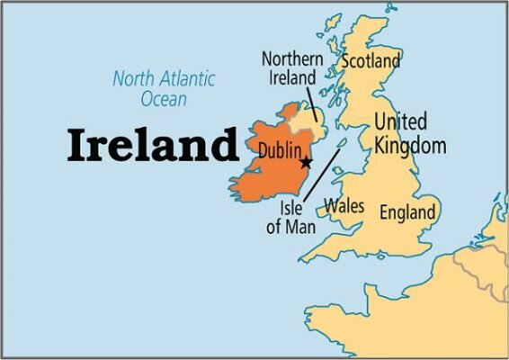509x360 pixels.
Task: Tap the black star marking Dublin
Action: pyautogui.click(x=306, y=162)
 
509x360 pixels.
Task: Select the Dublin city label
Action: pyautogui.click(x=279, y=150)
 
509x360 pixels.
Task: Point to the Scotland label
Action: pyautogui.click(x=370, y=62)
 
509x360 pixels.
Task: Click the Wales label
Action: pyautogui.click(x=344, y=205)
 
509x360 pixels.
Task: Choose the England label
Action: pyautogui.click(x=407, y=213)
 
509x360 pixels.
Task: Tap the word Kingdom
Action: pyautogui.click(x=410, y=144)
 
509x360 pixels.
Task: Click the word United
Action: pyautogui.click(x=401, y=122)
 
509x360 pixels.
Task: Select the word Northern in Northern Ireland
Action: pyautogui.click(x=292, y=59)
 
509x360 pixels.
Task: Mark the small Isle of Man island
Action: pyautogui.click(x=342, y=144)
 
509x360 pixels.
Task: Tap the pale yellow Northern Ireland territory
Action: pyautogui.click(x=308, y=121)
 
